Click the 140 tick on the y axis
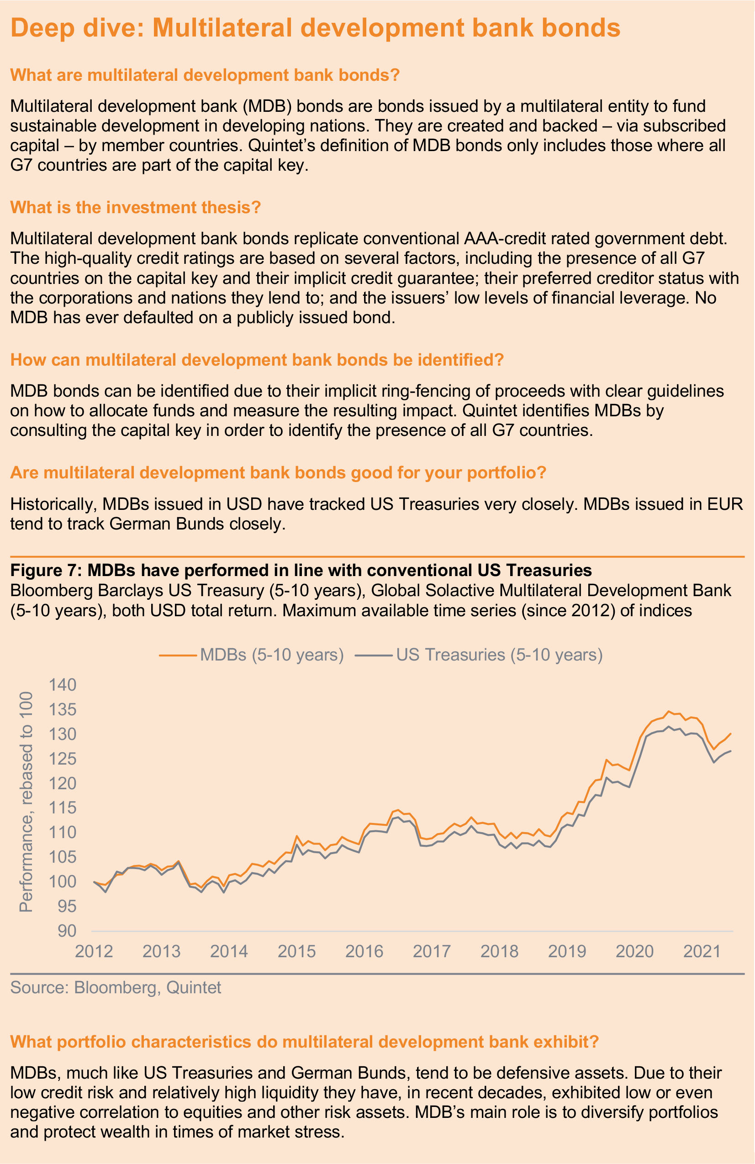(x=63, y=685)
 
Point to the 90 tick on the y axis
(x=68, y=931)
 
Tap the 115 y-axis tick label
(x=63, y=807)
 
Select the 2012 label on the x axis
(x=94, y=951)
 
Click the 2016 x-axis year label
(x=364, y=951)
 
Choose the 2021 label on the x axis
(x=702, y=951)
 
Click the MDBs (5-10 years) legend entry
(x=252, y=655)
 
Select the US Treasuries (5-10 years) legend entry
(x=479, y=655)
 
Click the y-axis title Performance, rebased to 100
(x=26, y=802)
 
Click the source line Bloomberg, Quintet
(x=116, y=987)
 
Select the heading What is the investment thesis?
(x=136, y=207)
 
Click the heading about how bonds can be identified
(x=257, y=360)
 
